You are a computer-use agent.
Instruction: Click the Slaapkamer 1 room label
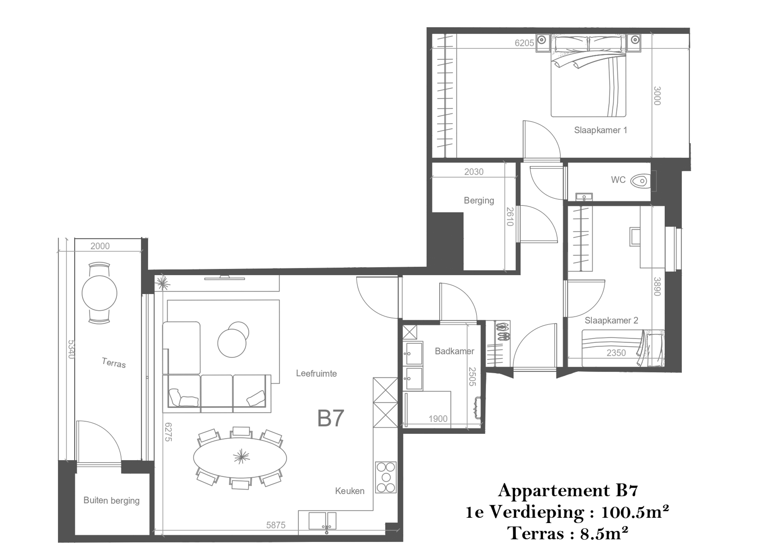(600, 130)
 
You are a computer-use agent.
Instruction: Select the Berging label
(479, 200)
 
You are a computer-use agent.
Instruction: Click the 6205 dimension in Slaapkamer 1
(524, 43)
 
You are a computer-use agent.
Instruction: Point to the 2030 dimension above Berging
(474, 172)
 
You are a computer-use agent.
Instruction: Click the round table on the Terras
(99, 293)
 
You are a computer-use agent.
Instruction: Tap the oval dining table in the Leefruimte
(240, 458)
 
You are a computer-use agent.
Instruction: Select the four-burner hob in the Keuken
(386, 477)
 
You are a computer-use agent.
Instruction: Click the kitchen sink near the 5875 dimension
(322, 521)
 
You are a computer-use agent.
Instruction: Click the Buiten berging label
(112, 501)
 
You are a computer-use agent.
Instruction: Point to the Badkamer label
(454, 351)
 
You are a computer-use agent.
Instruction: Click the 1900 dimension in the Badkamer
(438, 419)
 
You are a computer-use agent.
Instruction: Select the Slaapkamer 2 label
(611, 321)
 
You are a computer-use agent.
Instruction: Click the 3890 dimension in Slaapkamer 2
(657, 287)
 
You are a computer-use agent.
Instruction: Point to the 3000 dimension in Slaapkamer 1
(657, 96)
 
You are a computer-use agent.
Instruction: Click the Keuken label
(350, 491)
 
